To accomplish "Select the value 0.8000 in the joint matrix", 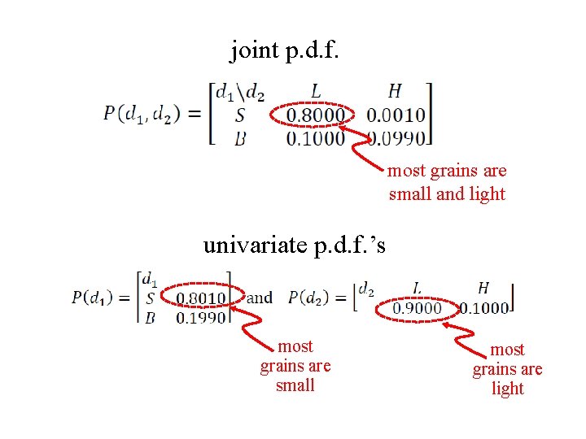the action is click(316, 116).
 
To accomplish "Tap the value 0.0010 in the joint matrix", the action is click(396, 116).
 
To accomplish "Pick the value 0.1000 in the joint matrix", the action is click(316, 138).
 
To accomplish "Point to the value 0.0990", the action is click(396, 138).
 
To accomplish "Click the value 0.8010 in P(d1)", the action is click(201, 298).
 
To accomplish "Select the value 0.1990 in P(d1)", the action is click(201, 317).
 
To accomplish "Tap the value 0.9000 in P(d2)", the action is click(418, 307).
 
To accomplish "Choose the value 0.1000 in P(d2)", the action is click(483, 307).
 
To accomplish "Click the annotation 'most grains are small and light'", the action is click(447, 182).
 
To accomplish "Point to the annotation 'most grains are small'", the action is click(295, 366).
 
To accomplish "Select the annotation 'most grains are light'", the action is click(507, 369).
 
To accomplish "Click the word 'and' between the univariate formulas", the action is click(260, 298).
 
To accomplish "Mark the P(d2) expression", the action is click(317, 298).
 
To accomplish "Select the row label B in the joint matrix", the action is click(239, 138).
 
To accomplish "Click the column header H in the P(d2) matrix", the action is click(483, 288).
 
